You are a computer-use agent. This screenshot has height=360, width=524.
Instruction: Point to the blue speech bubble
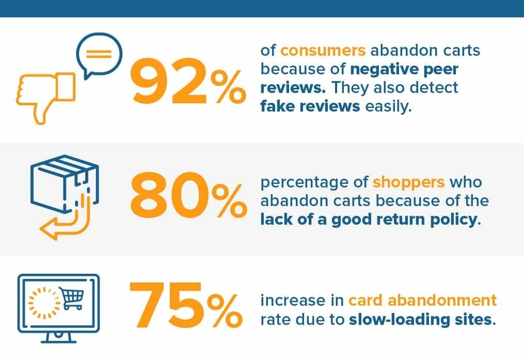[x=98, y=54]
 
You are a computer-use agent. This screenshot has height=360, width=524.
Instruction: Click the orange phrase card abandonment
[x=422, y=300]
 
